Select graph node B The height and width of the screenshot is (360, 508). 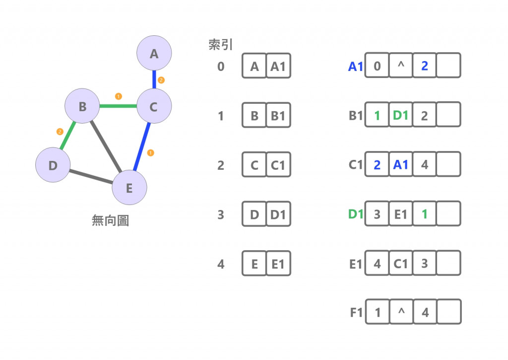pos(82,106)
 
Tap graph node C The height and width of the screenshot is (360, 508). pos(154,106)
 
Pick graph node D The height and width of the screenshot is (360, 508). pos(53,165)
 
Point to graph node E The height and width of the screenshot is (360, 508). pos(129,188)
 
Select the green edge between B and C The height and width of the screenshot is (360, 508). pos(118,106)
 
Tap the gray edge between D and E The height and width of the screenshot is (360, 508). pos(91,176)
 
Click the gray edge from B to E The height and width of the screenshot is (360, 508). pos(105,146)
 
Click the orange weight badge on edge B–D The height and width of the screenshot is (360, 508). pos(60,132)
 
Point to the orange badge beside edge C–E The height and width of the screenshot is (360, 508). pos(151,152)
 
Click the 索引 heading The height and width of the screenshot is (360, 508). pos(220,45)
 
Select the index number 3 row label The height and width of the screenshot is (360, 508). pos(221,215)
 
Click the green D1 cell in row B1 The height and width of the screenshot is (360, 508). pos(401,116)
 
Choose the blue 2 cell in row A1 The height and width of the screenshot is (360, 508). pos(424,66)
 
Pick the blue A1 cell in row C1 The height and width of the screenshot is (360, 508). pos(401,165)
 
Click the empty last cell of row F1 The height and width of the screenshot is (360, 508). pos(448,312)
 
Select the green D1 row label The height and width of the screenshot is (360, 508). pos(356,215)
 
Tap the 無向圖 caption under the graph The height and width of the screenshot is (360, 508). pos(110,220)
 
